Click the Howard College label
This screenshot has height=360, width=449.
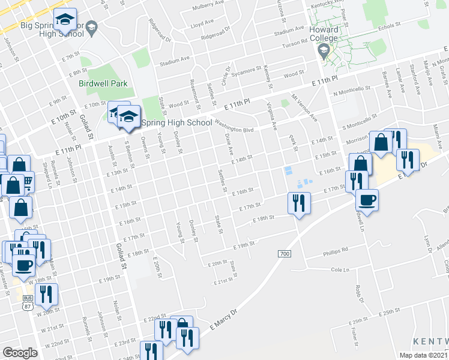click(x=324, y=34)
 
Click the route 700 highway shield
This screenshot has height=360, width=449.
click(x=285, y=254)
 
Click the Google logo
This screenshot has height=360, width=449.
click(x=20, y=353)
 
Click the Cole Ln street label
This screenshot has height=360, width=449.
click(x=340, y=270)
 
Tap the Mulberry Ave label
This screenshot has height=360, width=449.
click(x=208, y=8)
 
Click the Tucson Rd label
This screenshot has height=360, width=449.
click(x=295, y=41)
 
